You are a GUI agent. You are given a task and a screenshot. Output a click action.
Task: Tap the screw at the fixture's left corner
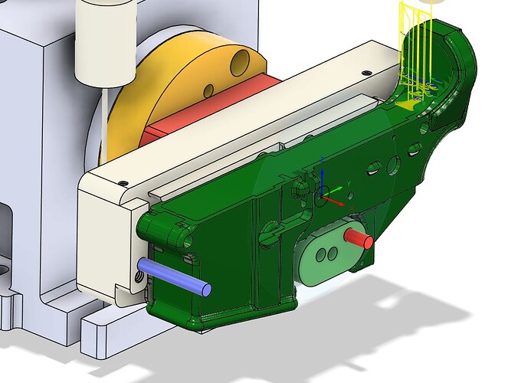point(123,182)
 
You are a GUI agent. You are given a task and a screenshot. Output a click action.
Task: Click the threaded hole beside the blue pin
point(139,280)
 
